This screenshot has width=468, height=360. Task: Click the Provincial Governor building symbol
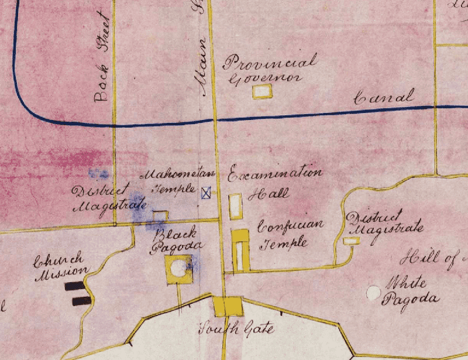coord(262,91)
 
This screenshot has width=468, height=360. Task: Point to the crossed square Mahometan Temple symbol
coord(206,193)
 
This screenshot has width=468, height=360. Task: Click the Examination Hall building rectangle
coord(236,205)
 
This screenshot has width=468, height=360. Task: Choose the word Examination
coord(275,174)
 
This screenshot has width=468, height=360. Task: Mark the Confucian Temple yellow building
coord(240,250)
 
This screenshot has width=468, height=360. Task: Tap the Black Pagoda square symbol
coord(179,269)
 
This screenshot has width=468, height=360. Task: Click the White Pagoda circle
coord(371,292)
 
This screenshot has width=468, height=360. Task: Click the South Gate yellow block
coord(226,306)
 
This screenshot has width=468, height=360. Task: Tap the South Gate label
coord(237,329)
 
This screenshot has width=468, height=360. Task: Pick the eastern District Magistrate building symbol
coord(351,240)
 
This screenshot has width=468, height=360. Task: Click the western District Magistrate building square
coord(160,216)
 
